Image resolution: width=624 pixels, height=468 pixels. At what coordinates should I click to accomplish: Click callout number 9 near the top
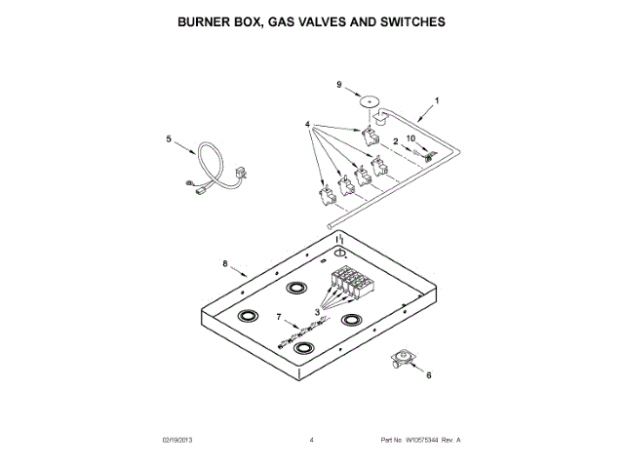340,85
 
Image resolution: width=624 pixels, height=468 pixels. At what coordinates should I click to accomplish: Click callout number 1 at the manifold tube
437,100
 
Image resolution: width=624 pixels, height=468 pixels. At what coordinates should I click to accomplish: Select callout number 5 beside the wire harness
167,139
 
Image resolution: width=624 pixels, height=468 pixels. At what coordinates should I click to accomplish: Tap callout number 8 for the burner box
224,263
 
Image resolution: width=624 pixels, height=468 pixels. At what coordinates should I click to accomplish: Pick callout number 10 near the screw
410,139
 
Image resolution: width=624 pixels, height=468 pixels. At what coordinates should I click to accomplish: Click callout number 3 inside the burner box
317,312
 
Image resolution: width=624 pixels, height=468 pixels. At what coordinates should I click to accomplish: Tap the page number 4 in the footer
311,441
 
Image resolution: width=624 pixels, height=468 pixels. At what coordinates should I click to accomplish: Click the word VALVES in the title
331,19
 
